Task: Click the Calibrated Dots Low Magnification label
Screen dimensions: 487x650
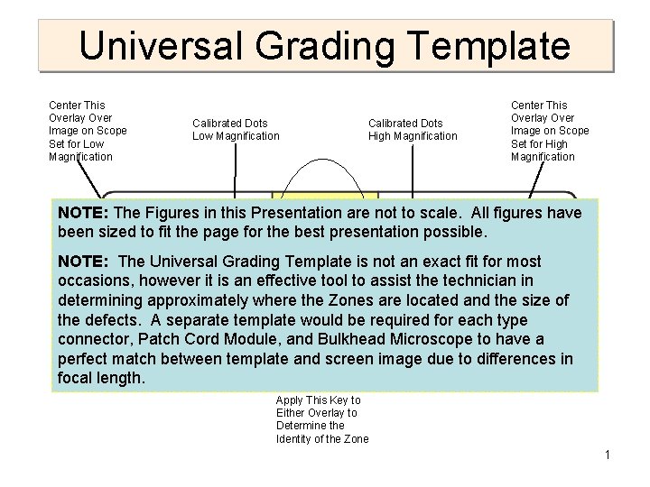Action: [x=236, y=130]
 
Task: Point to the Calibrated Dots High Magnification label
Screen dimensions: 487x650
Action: [x=413, y=130]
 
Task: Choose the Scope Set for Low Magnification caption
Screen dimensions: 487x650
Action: [x=88, y=132]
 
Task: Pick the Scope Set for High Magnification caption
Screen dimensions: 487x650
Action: [x=549, y=132]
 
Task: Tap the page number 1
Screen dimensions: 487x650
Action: [x=608, y=455]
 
